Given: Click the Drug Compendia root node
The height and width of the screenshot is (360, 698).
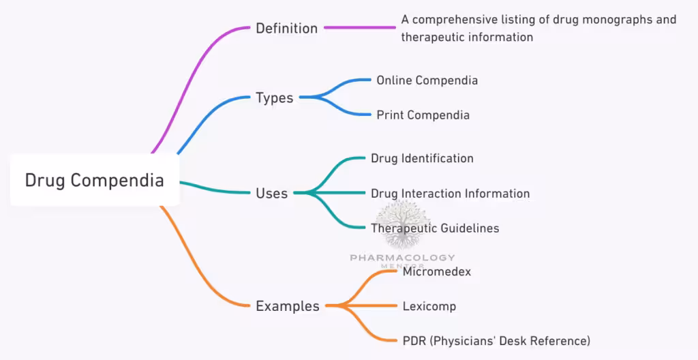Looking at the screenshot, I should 95,181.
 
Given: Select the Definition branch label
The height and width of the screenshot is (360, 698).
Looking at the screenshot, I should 286,29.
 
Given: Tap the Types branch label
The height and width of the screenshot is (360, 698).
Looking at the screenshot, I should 274,98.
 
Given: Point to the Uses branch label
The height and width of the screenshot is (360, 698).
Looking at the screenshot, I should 271,194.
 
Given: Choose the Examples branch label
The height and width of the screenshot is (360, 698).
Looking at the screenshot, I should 287,306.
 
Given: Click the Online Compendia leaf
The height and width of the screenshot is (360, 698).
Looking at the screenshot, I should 427,80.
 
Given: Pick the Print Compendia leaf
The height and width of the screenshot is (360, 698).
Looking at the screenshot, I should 423,115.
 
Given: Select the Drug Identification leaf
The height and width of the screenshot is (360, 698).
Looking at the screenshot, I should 422,159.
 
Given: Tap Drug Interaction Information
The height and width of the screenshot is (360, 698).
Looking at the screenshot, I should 450,194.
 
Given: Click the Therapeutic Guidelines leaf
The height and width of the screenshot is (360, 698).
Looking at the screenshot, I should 435,228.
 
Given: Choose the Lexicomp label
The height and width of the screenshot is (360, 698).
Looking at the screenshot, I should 429,306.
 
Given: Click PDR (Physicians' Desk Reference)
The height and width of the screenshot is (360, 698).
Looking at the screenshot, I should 496,340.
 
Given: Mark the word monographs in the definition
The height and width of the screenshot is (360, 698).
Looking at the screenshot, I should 607,20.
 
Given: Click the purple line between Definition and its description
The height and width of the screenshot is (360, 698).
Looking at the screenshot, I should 360,28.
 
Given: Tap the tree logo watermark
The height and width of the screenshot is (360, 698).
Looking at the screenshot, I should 402,224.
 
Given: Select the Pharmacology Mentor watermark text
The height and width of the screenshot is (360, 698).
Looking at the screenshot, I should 402,258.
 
